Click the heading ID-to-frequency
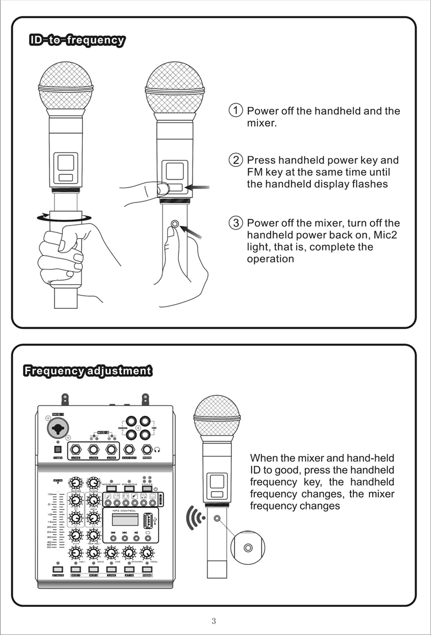[x=77, y=40]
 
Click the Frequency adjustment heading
[x=87, y=370]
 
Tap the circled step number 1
[x=236, y=110]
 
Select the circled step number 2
[x=236, y=160]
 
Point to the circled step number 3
[x=236, y=223]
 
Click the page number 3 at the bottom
[x=214, y=621]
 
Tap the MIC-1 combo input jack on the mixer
[x=58, y=427]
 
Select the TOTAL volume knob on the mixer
[x=147, y=553]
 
